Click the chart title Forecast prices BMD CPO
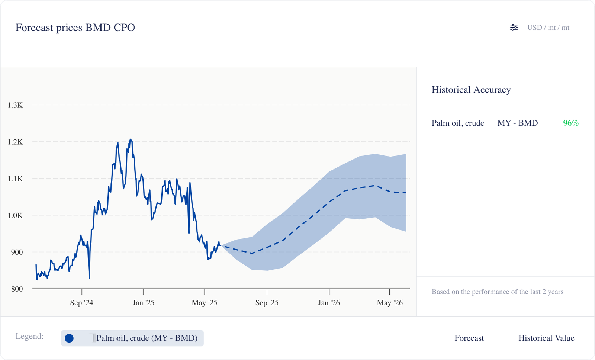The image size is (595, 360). pos(75,28)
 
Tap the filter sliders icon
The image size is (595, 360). pos(514,28)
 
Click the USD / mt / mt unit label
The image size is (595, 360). pos(548,28)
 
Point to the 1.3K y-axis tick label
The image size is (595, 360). pos(15,105)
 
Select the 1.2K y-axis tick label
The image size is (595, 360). pos(15,142)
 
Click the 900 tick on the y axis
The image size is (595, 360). pos(17,252)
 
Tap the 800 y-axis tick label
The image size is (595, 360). pos(17,289)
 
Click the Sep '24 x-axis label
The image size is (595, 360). pos(81,303)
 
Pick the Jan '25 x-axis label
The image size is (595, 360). pos(143,303)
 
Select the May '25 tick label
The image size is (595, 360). pos(205,303)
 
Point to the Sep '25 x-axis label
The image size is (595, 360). pos(267,303)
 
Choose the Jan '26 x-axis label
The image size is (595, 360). pos(329,303)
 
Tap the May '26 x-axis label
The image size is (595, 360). pos(390,303)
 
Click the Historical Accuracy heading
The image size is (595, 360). pos(471,90)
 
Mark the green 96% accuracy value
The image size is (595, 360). pos(570,123)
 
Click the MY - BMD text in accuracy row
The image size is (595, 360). pos(518,123)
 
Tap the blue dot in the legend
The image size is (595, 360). pos(69,338)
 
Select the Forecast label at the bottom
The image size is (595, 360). pos(469,338)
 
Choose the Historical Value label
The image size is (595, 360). pos(546,338)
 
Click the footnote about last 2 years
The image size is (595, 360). pos(497,292)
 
